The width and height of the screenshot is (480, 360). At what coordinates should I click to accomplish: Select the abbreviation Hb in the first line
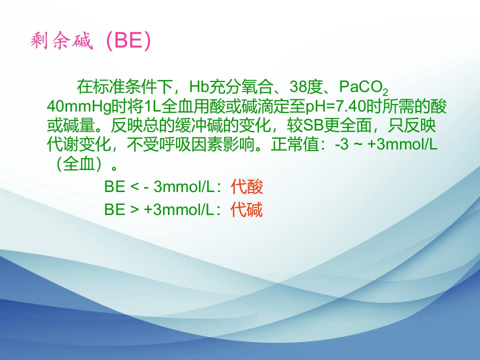199,86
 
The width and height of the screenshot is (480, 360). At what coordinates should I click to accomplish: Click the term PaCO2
363,87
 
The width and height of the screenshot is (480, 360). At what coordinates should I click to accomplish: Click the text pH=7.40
336,106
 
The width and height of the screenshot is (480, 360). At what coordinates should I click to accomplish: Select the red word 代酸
247,186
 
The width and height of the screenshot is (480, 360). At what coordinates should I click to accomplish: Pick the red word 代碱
246,209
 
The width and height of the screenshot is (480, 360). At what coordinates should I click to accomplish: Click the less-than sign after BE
134,186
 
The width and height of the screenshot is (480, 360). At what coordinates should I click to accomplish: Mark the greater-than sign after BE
134,210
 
